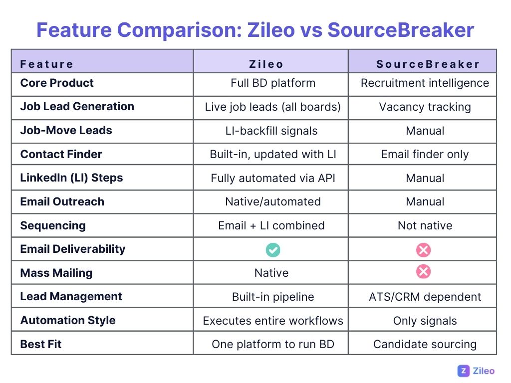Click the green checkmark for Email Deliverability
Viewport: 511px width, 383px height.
tap(273, 249)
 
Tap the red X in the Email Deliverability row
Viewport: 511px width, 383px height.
tap(423, 249)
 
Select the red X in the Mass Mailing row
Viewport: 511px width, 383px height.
tap(423, 272)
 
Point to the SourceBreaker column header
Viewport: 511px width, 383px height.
tap(428, 64)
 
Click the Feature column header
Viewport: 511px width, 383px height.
tap(47, 64)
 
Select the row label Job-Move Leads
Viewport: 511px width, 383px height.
tap(66, 131)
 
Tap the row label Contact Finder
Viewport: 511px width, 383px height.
tap(61, 154)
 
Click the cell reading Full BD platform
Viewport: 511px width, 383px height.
tap(273, 83)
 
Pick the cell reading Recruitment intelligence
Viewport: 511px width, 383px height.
tap(425, 83)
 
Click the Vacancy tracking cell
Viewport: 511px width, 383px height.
tap(425, 107)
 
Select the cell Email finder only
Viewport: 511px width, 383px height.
tap(425, 155)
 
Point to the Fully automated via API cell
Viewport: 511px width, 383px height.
tap(273, 178)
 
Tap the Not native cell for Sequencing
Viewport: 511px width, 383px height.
tap(425, 225)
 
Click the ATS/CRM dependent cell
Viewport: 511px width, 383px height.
tap(425, 297)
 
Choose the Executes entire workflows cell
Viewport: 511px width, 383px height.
tap(273, 321)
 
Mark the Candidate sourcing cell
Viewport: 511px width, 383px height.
tap(425, 344)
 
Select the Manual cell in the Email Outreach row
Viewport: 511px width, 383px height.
tap(425, 202)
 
